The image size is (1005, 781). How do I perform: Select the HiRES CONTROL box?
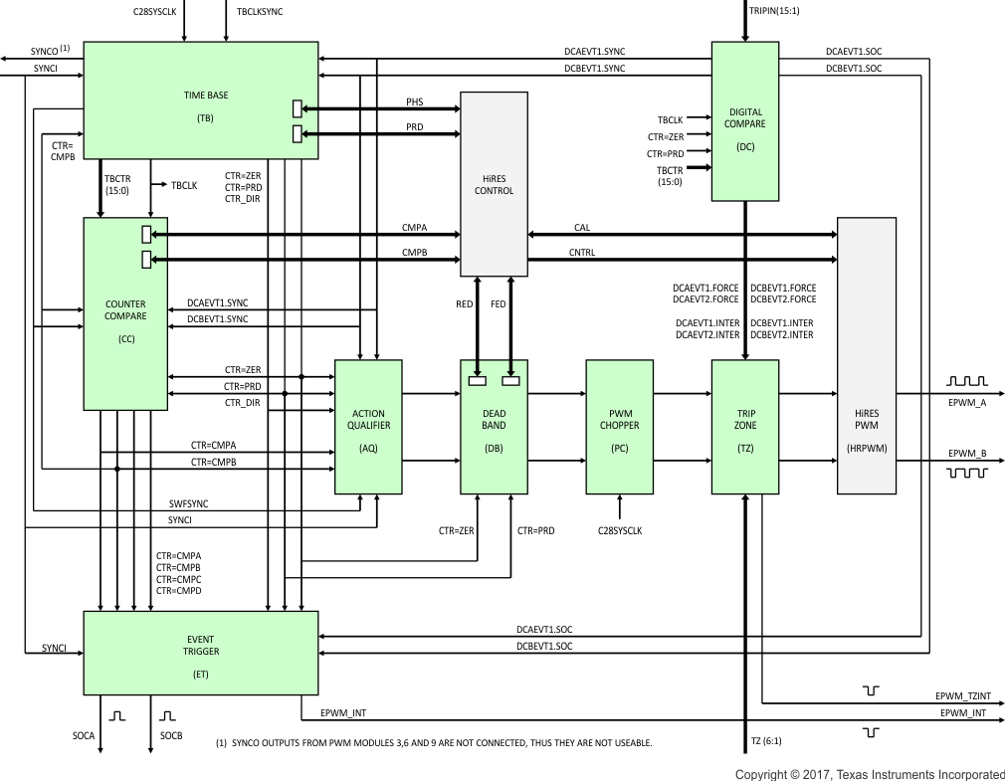coord(494,184)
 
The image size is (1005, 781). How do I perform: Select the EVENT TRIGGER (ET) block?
coord(200,653)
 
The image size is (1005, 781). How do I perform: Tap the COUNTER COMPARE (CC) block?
coord(125,313)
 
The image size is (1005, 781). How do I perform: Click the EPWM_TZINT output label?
coord(962,696)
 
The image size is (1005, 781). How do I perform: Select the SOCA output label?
coord(84,736)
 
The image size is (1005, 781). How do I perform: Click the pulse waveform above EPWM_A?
coord(966,381)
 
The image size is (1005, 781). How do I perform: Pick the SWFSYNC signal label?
coord(188,504)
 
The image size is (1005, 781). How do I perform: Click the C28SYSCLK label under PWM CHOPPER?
coord(620,530)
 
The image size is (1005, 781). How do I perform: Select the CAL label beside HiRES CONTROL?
coord(582,228)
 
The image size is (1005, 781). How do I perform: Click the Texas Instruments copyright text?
coord(870,774)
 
